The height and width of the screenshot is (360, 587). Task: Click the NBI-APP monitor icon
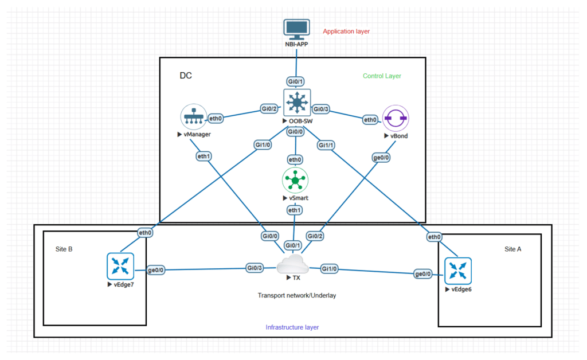pyautogui.click(x=296, y=29)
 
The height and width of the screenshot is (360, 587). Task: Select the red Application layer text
pyautogui.click(x=346, y=32)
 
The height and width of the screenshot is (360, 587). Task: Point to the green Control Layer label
pyautogui.click(x=382, y=76)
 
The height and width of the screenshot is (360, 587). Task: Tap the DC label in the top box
pyautogui.click(x=186, y=76)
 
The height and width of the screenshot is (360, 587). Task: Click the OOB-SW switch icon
pyautogui.click(x=296, y=103)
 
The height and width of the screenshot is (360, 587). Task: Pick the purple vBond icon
pyautogui.click(x=395, y=119)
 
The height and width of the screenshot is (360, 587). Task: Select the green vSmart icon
pyautogui.click(x=296, y=181)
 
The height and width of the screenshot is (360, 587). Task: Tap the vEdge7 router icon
pyautogui.click(x=120, y=267)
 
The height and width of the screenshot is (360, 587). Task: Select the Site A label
pyautogui.click(x=514, y=249)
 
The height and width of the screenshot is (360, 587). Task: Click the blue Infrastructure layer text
pyautogui.click(x=292, y=327)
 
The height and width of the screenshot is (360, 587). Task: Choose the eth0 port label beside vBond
pyautogui.click(x=370, y=120)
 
